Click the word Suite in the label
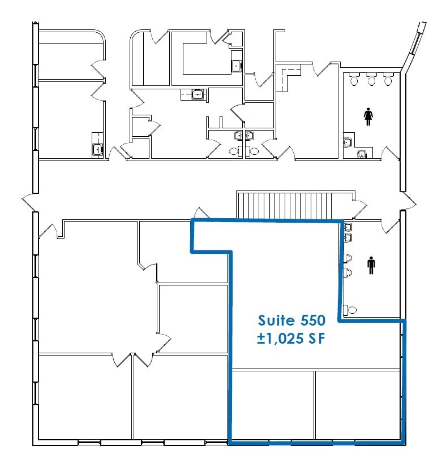point(276,321)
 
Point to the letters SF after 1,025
point(318,340)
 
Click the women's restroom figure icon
point(368,116)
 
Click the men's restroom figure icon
point(371,266)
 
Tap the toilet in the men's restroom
point(352,310)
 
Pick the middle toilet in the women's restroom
point(371,80)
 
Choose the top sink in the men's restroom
point(348,227)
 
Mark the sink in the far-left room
point(97,149)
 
